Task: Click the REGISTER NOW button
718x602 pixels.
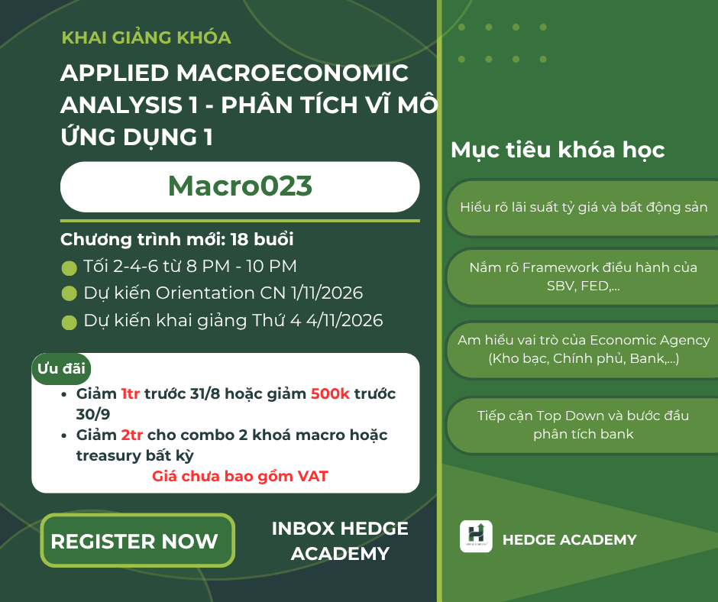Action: pos(137,541)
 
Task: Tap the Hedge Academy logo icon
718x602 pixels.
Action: pos(476,536)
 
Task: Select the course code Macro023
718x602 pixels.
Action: pos(240,186)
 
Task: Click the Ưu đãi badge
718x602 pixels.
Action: pos(61,368)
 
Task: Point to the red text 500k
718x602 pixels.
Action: pos(330,393)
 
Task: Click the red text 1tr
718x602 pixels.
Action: pos(130,393)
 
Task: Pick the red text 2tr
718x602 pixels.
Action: pos(132,435)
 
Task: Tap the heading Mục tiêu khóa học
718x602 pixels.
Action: pos(558,150)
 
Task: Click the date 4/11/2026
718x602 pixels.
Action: pos(344,320)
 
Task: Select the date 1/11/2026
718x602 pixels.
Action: pos(327,293)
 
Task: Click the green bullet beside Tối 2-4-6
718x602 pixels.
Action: pos(70,268)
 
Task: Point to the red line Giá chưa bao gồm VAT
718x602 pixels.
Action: pos(240,477)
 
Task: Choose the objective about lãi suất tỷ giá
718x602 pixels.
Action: pos(584,208)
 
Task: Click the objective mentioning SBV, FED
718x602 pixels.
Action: pos(584,277)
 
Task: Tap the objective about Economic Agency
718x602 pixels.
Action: pos(584,349)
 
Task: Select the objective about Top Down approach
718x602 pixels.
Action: pos(584,425)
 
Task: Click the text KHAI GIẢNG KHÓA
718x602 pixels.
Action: pos(146,37)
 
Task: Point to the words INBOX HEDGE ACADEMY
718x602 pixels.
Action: pos(340,541)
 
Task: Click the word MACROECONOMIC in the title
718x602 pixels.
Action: pos(292,73)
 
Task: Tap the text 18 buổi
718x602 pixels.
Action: pos(261,239)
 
